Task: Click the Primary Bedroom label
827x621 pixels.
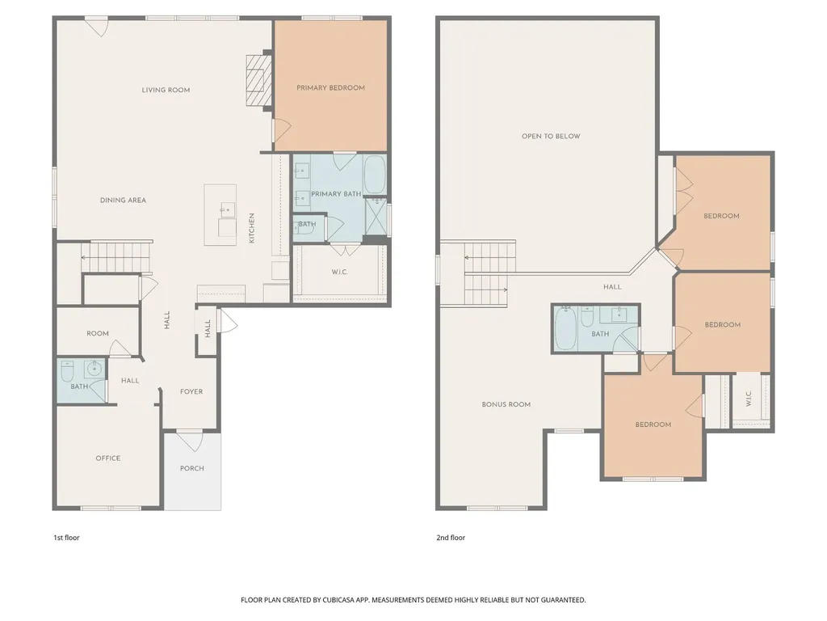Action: coord(330,87)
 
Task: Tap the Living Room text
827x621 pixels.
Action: coord(166,90)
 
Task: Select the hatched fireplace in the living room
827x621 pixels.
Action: coord(258,80)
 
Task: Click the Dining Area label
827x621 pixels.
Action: coord(123,201)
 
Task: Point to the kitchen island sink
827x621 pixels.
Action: coord(228,210)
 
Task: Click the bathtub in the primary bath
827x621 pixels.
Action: coord(375,175)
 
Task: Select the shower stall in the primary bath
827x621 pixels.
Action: coord(376,217)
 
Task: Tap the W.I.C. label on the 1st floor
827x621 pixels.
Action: coord(340,272)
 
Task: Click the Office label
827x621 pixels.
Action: coord(108,458)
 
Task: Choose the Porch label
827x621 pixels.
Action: coord(192,468)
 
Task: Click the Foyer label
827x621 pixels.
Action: coord(191,391)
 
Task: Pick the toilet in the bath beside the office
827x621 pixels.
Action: coord(67,371)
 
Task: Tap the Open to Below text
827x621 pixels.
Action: coord(551,136)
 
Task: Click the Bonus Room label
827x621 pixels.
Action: coord(506,404)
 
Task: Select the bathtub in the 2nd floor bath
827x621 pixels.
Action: coord(565,327)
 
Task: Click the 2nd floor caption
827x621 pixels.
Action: coord(451,538)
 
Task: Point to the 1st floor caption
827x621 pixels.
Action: coord(66,538)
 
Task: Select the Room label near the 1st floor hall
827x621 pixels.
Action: coord(98,333)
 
